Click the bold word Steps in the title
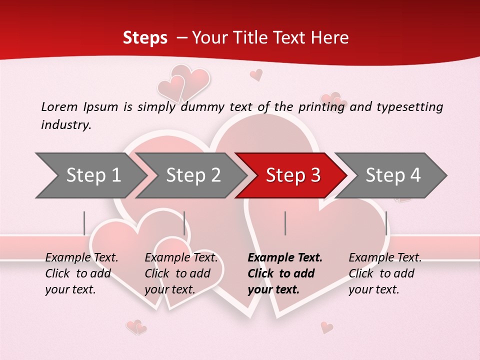[x=145, y=38]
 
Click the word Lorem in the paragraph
[x=59, y=106]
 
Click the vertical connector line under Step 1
[x=84, y=223]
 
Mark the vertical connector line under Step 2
[x=184, y=223]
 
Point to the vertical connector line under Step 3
[x=285, y=223]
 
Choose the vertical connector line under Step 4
[x=386, y=223]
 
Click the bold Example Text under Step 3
[x=285, y=258]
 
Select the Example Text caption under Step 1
[x=81, y=258]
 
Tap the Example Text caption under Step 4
[x=385, y=258]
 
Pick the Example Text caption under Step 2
[x=181, y=258]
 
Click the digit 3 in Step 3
[x=315, y=175]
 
